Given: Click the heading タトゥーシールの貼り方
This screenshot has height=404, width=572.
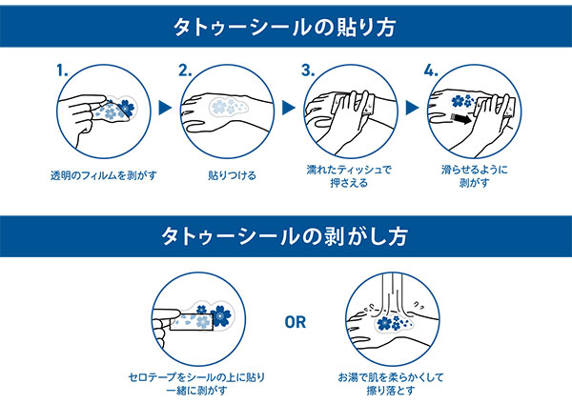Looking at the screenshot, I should click(x=285, y=26).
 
